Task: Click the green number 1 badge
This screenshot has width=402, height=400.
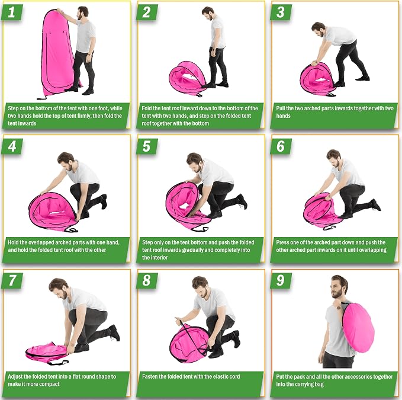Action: (12, 12)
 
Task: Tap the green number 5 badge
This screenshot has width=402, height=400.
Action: (147, 146)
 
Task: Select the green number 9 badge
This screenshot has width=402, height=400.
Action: (281, 280)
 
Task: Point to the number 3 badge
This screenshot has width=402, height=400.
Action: (281, 12)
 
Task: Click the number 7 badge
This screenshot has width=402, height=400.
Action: (12, 280)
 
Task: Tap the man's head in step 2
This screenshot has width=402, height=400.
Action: (208, 14)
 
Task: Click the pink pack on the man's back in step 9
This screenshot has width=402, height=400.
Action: (358, 324)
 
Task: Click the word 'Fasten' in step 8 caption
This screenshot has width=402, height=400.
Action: (150, 376)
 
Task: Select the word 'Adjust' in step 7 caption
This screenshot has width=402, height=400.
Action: (15, 377)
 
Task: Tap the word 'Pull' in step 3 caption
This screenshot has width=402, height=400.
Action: (281, 108)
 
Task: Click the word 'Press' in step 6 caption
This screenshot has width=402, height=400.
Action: (283, 242)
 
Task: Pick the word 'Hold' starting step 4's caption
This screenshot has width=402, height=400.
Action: (14, 242)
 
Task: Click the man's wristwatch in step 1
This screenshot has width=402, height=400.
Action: (89, 54)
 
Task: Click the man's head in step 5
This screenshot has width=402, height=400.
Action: (195, 162)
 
